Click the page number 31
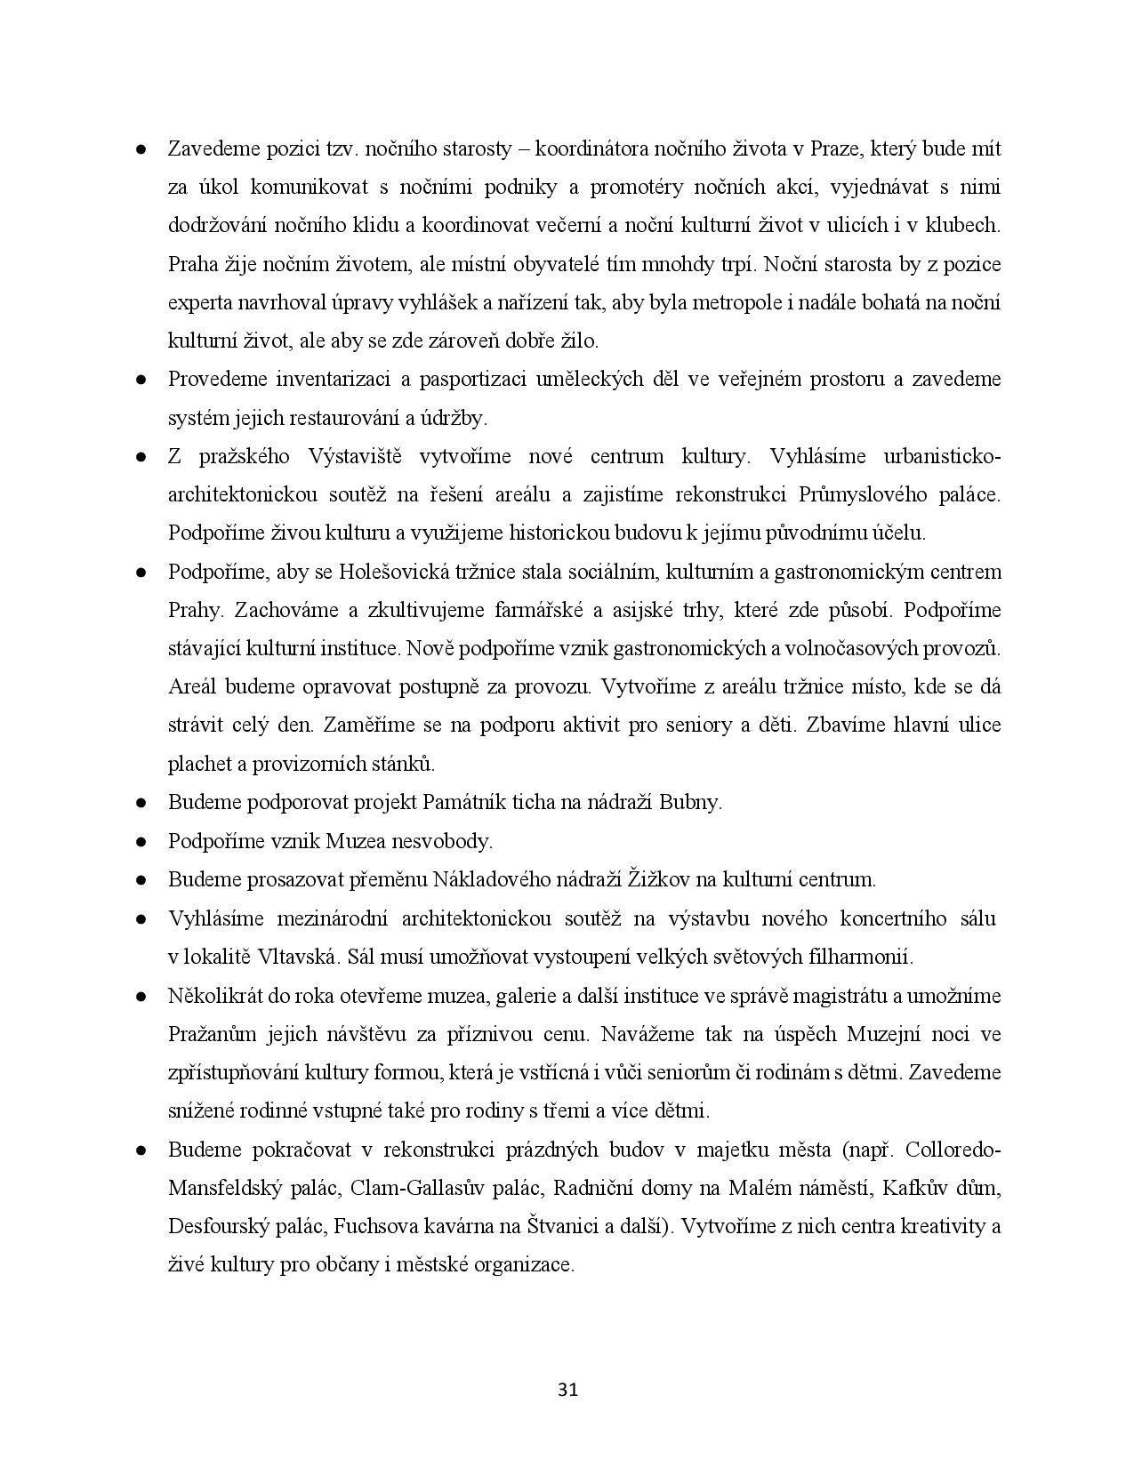click(567, 1390)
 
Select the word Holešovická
click(394, 572)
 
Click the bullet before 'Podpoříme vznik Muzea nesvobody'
click(141, 841)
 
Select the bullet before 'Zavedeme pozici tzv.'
click(141, 149)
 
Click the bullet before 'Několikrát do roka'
click(141, 997)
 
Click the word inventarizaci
click(333, 380)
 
